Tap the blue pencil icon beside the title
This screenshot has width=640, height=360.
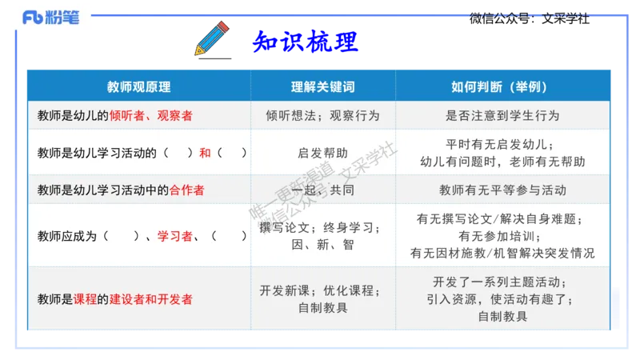(x=211, y=38)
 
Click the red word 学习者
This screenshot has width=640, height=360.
(x=175, y=236)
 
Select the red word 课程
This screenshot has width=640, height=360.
(x=85, y=299)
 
